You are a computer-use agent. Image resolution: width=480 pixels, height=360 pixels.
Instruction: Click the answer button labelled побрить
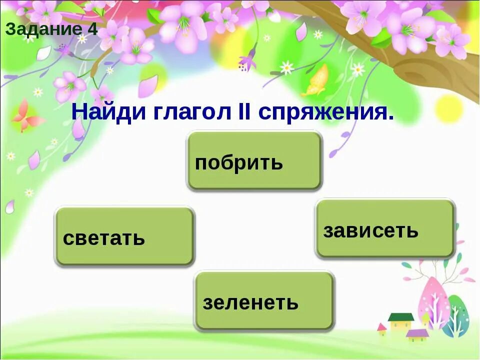click(253, 161)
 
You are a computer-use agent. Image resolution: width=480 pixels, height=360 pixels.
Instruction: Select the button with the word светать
click(124, 236)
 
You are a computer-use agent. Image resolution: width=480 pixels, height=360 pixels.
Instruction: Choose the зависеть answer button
click(384, 228)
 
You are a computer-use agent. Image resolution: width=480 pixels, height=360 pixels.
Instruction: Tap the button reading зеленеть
click(264, 301)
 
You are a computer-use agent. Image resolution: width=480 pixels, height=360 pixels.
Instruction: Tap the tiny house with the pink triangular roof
click(382, 330)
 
